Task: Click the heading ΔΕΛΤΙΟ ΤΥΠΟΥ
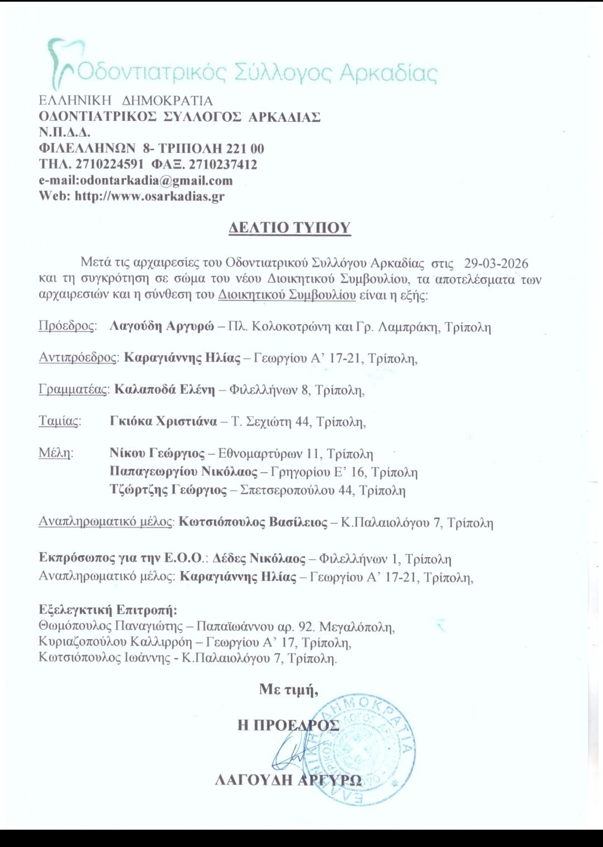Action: pyautogui.click(x=289, y=228)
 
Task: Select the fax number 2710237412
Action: pyautogui.click(x=223, y=165)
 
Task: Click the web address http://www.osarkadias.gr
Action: pyautogui.click(x=150, y=197)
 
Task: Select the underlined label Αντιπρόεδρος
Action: pyautogui.click(x=78, y=358)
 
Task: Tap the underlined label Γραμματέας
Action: pyautogui.click(x=73, y=390)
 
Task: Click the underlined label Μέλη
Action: pyautogui.click(x=55, y=453)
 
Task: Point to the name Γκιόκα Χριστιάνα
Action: pyautogui.click(x=164, y=421)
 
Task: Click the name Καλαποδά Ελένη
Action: pyautogui.click(x=165, y=390)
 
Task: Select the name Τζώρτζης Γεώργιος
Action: pyautogui.click(x=168, y=491)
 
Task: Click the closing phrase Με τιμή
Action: pyautogui.click(x=288, y=690)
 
